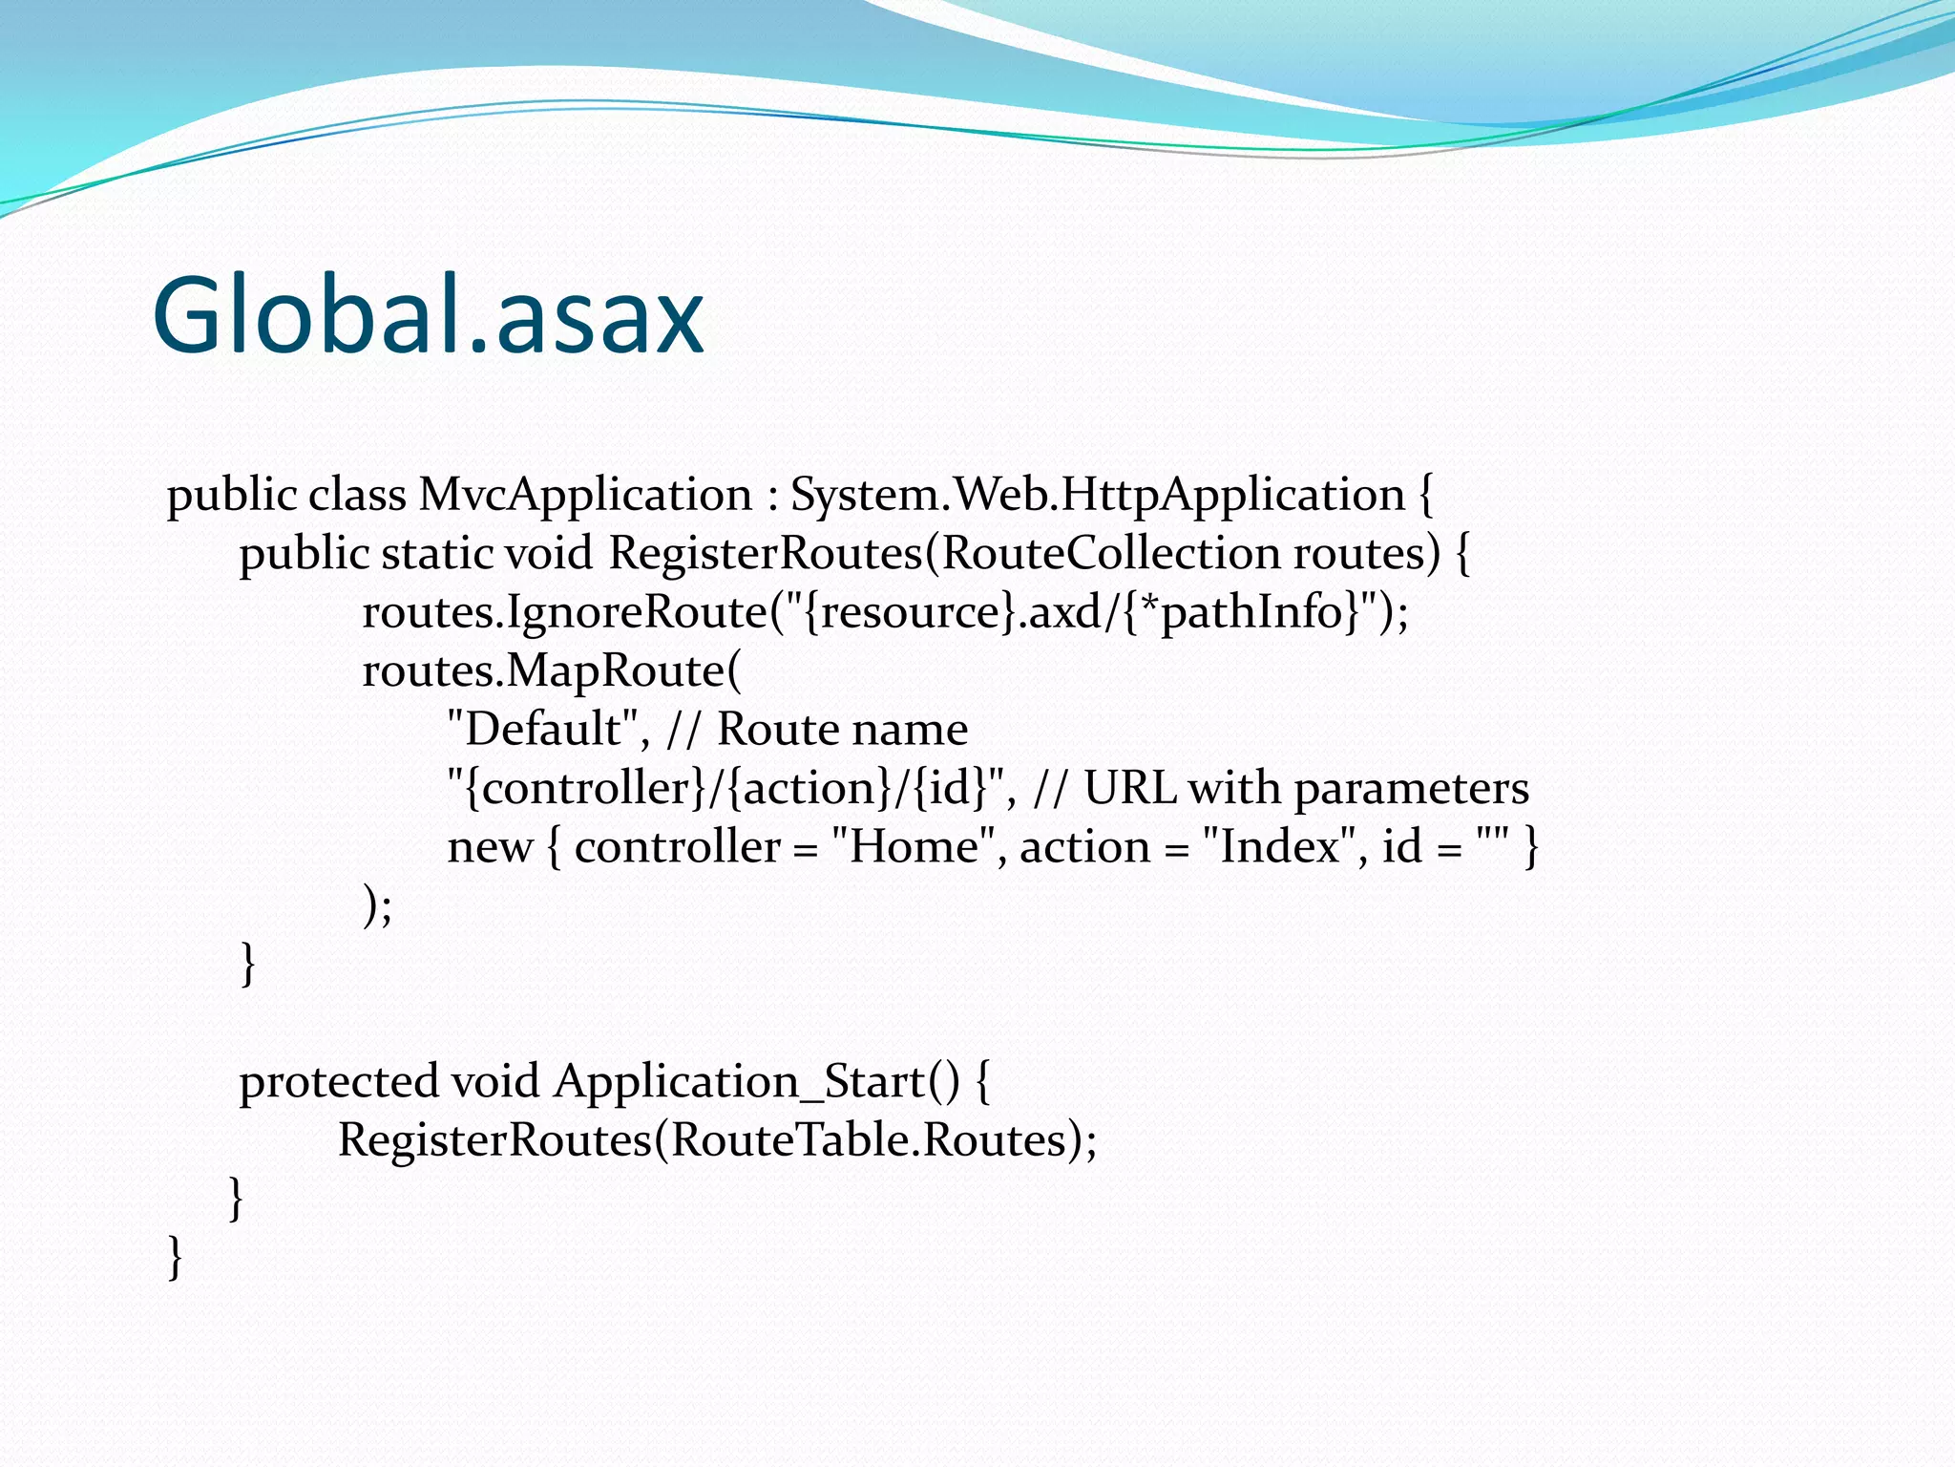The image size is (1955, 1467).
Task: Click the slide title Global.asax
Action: [x=428, y=315]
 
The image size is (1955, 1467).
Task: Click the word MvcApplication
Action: [x=585, y=495]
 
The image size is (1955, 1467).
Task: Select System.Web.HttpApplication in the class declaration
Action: [x=1097, y=495]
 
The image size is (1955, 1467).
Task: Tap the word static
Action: [x=437, y=554]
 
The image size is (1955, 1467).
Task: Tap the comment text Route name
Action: [x=842, y=730]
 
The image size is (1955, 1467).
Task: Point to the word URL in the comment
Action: [x=1129, y=789]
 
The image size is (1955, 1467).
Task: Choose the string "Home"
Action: [x=914, y=846]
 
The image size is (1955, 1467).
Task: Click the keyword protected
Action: [x=338, y=1083]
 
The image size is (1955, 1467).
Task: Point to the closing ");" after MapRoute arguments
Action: [x=377, y=905]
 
